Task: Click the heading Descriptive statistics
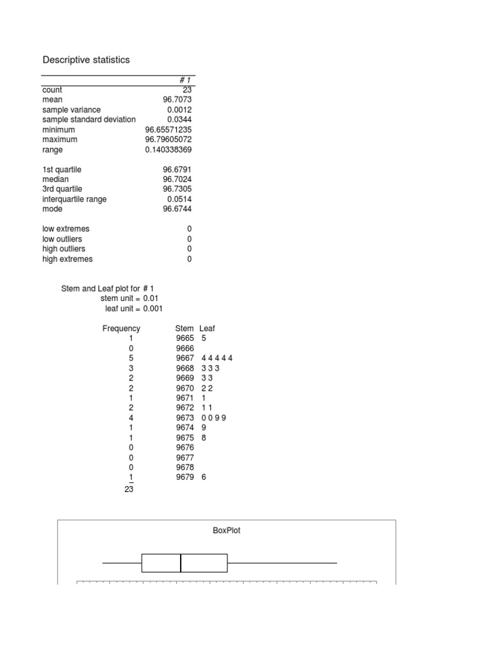coord(86,60)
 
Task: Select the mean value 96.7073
coord(177,100)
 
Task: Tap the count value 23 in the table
coord(186,90)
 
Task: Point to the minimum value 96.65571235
coord(168,129)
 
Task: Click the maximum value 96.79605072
coord(168,140)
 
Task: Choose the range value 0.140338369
coord(168,149)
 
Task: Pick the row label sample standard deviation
coord(89,120)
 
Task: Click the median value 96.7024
coord(177,179)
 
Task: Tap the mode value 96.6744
coord(177,209)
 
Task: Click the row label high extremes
coord(67,259)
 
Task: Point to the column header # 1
coord(185,80)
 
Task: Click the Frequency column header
coord(121,329)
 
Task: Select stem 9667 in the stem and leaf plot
coord(184,358)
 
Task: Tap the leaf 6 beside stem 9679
coord(204,477)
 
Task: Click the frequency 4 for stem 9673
coord(131,418)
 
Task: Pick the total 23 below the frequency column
coord(128,489)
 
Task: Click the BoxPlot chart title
coord(227,530)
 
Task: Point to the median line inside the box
coord(181,562)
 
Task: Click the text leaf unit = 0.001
coord(134,308)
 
